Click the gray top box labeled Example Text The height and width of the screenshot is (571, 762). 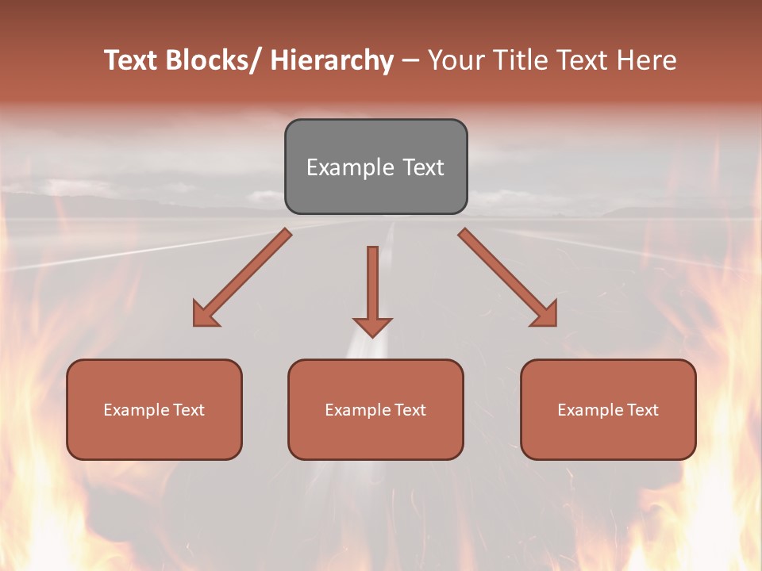[375, 167]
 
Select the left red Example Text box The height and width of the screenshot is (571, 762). [154, 409]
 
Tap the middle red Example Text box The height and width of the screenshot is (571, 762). [375, 409]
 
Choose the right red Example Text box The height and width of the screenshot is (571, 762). [608, 409]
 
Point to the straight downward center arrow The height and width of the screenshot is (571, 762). [372, 285]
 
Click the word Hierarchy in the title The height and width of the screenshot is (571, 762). [332, 60]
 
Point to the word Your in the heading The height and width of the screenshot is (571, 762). [456, 60]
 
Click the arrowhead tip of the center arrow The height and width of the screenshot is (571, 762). [372, 335]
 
